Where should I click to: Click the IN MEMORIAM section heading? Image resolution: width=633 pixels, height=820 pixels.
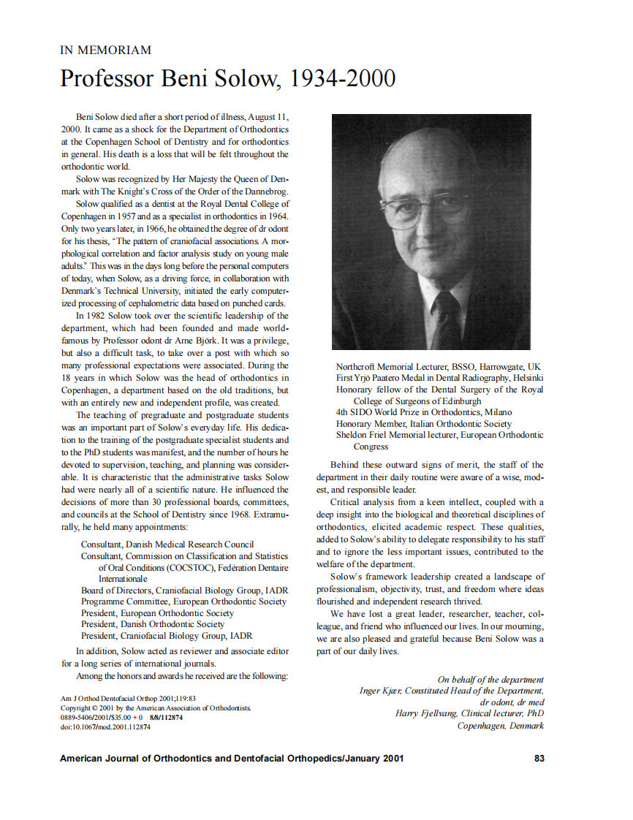click(x=105, y=50)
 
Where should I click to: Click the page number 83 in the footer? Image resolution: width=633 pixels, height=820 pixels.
click(x=539, y=758)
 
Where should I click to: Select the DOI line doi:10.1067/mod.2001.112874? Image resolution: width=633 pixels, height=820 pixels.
click(x=105, y=727)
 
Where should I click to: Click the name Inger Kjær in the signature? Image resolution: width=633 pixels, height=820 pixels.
click(x=380, y=691)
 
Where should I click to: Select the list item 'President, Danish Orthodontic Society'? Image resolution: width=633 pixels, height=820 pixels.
click(x=152, y=624)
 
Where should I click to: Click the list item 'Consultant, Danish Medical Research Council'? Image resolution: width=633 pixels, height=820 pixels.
click(x=167, y=544)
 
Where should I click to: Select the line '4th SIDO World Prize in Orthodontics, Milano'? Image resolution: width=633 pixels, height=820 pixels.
click(x=423, y=412)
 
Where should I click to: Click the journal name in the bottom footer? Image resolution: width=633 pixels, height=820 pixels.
click(x=231, y=758)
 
